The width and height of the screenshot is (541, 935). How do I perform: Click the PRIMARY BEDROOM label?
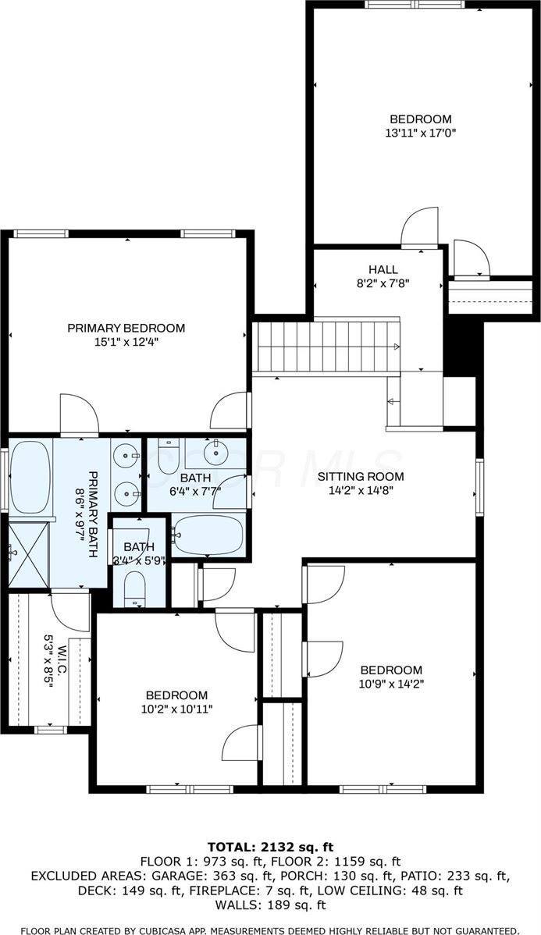(x=126, y=328)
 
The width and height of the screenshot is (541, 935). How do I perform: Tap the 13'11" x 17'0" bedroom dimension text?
(x=420, y=133)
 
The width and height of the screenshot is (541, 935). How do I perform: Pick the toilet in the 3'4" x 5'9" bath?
(x=135, y=587)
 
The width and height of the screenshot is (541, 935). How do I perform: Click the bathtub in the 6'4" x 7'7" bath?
(x=206, y=535)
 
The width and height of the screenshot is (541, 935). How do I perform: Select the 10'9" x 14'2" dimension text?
(x=390, y=684)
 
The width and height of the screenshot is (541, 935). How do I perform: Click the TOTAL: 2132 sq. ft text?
(x=270, y=847)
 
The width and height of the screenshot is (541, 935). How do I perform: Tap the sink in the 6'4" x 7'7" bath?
(x=215, y=451)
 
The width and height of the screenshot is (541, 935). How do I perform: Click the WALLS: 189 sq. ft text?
(x=270, y=905)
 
